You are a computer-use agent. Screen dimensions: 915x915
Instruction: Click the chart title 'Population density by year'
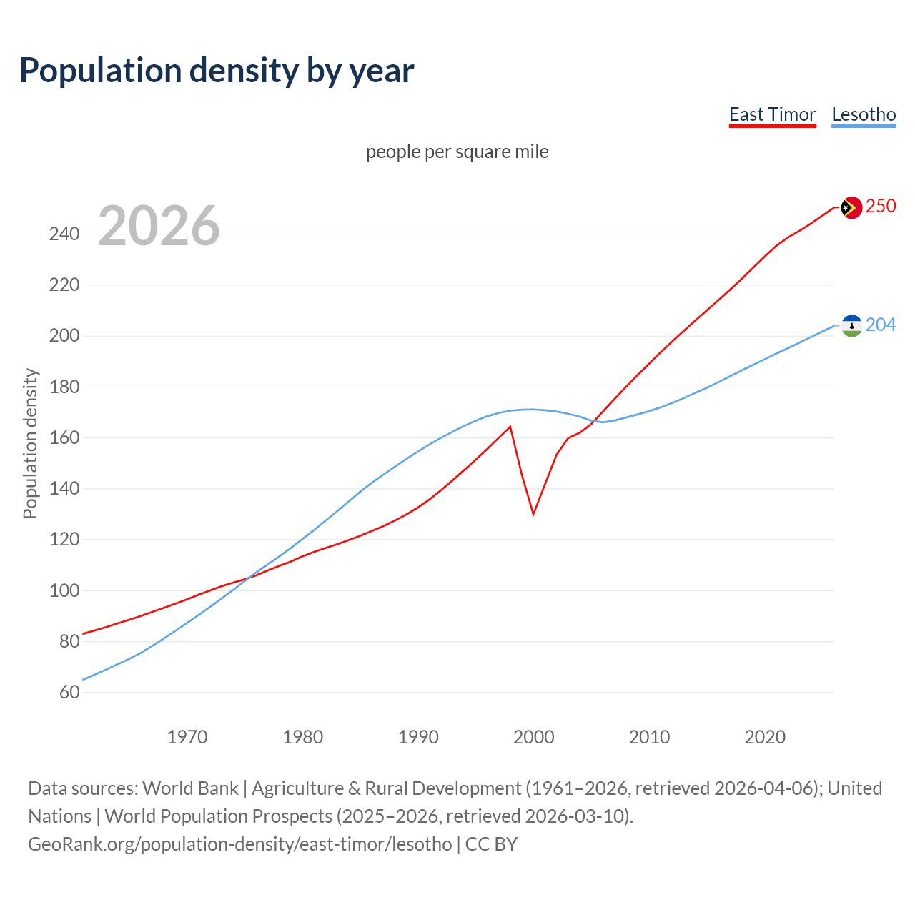(x=217, y=70)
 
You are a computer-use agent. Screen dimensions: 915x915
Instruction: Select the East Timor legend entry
(x=772, y=114)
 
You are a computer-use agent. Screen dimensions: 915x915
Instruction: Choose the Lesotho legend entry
(x=864, y=114)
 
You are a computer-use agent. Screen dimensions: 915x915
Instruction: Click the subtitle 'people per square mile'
(x=457, y=152)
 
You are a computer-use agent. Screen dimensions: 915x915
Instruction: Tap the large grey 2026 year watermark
(x=159, y=226)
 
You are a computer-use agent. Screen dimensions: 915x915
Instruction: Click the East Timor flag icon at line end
(x=851, y=207)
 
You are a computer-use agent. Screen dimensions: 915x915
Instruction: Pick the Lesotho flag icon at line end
(x=851, y=326)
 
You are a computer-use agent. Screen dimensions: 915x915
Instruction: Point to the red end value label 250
(x=881, y=206)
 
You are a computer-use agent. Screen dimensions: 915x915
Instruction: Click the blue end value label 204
(x=881, y=325)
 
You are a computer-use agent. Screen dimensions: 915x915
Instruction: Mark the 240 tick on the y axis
(x=64, y=234)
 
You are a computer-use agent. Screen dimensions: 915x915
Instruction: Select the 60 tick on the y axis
(x=69, y=692)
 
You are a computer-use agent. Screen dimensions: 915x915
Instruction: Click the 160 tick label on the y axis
(x=64, y=437)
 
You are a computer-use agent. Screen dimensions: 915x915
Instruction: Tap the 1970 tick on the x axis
(x=187, y=736)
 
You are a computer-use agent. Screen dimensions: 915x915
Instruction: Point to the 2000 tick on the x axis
(x=534, y=736)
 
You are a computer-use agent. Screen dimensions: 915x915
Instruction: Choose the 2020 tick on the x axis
(x=765, y=736)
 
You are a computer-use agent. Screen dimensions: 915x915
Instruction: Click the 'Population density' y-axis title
(x=30, y=443)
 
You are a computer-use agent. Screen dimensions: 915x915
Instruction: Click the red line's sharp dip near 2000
(x=533, y=513)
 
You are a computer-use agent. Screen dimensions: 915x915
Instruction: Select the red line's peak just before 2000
(x=510, y=427)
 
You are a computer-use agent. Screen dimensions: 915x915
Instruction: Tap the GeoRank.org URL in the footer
(x=240, y=844)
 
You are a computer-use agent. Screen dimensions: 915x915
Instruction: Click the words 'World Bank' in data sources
(x=190, y=788)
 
